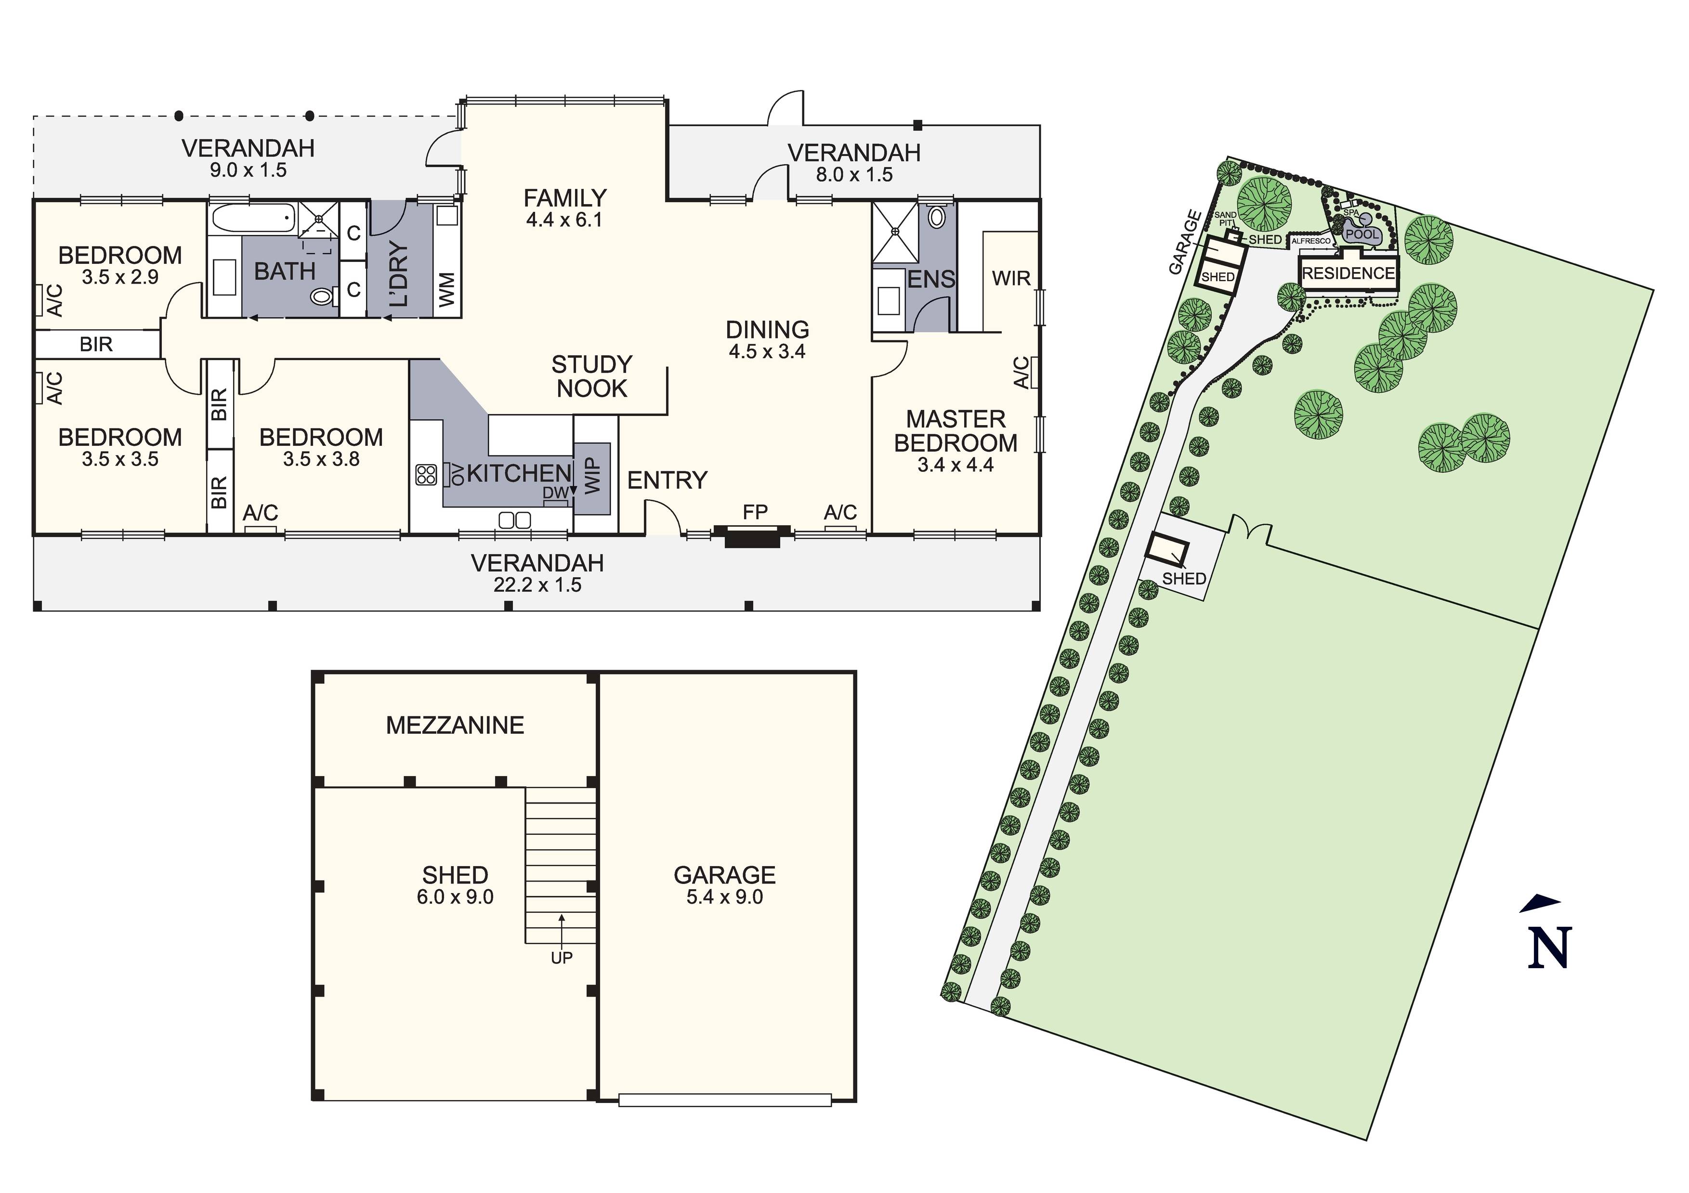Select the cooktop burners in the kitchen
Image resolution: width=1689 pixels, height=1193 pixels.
coord(426,474)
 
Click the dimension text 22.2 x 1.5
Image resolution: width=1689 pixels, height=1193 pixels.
coord(538,585)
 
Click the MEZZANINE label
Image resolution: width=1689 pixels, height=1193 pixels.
coord(455,725)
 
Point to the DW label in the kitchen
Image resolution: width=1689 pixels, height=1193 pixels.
coord(555,492)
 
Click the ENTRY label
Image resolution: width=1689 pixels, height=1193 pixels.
coord(667,480)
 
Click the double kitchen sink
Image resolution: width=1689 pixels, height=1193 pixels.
coord(514,520)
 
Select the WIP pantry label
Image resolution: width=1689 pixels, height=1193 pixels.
coord(593,476)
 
